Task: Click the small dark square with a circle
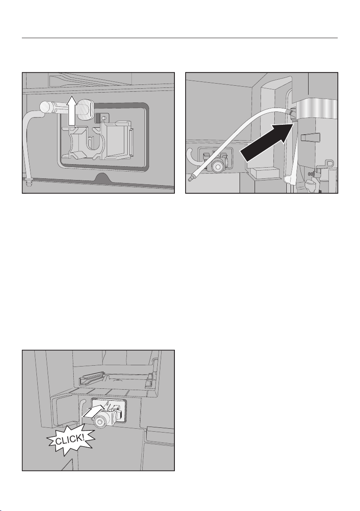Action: point(101,118)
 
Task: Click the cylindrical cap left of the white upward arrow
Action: point(48,106)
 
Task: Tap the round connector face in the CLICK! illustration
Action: point(100,424)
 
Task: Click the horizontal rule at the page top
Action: point(180,38)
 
